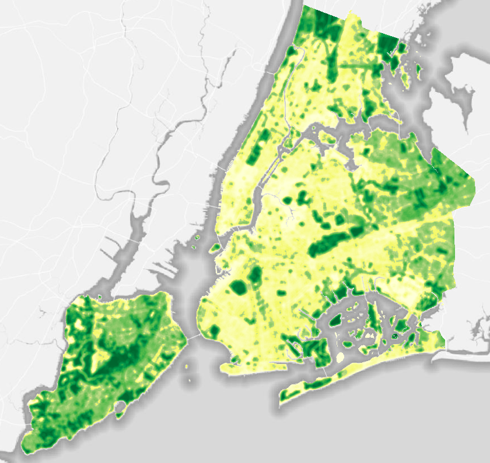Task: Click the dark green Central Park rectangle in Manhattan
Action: [254, 152]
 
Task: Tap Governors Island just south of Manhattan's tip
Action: [214, 248]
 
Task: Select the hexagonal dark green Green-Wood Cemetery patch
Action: [237, 287]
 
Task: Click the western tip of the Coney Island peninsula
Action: [223, 367]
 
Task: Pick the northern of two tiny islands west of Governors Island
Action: [197, 238]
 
